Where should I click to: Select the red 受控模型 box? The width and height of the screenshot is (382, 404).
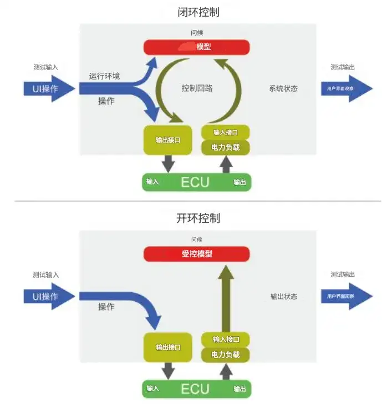pyautogui.click(x=197, y=254)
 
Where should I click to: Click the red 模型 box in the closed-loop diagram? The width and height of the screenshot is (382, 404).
pyautogui.click(x=197, y=47)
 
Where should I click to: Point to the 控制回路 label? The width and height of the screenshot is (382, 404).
pyautogui.click(x=197, y=88)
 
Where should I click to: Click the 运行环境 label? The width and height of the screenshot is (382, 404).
pyautogui.click(x=104, y=76)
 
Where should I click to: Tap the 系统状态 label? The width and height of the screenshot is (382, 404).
pyautogui.click(x=283, y=88)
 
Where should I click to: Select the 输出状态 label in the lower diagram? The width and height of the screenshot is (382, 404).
pyautogui.click(x=284, y=296)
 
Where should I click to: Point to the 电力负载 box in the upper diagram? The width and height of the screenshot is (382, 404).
pyautogui.click(x=226, y=148)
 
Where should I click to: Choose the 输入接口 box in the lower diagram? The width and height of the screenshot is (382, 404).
pyautogui.click(x=226, y=340)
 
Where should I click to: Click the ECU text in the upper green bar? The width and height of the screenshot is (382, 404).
pyautogui.click(x=195, y=182)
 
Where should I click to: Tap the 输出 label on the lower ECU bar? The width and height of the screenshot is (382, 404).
pyautogui.click(x=240, y=388)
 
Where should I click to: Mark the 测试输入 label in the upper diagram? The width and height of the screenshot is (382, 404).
pyautogui.click(x=45, y=67)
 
